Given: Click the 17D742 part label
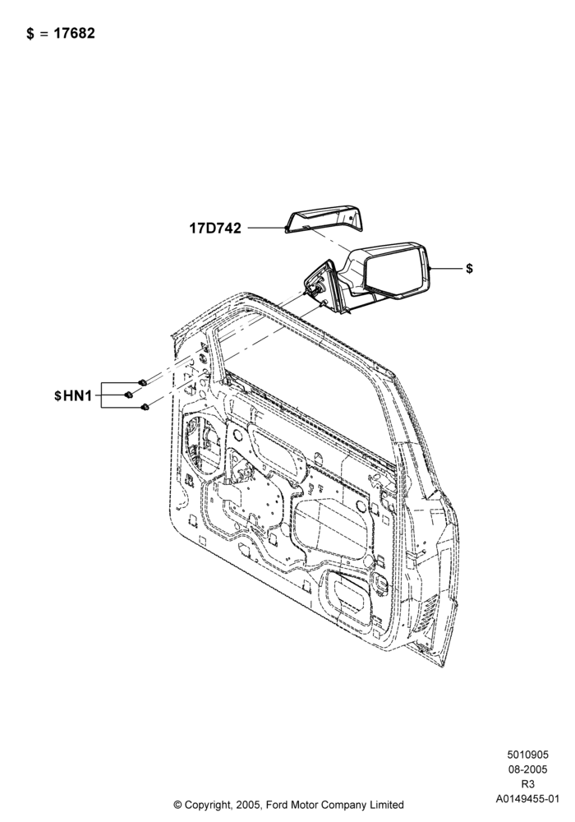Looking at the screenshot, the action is pyautogui.click(x=215, y=228).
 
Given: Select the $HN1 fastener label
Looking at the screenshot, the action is pyautogui.click(x=73, y=395).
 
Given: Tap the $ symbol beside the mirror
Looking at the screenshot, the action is pyautogui.click(x=469, y=269).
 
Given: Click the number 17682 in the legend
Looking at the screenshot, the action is pyautogui.click(x=76, y=33).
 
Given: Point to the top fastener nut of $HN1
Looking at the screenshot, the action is pyautogui.click(x=141, y=382).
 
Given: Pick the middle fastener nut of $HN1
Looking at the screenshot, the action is pyautogui.click(x=128, y=395).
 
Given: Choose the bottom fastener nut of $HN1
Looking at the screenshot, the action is pyautogui.click(x=145, y=406).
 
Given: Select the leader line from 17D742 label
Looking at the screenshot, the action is pyautogui.click(x=266, y=228).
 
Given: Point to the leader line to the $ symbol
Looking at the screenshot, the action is pyautogui.click(x=446, y=269).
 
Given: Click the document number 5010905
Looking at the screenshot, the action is pyautogui.click(x=527, y=755).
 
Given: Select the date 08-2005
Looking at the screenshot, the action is pyautogui.click(x=527, y=769).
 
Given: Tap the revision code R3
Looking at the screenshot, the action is pyautogui.click(x=527, y=784).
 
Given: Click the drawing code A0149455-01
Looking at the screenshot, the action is pyautogui.click(x=527, y=799).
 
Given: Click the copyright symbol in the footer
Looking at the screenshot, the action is pyautogui.click(x=177, y=805).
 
